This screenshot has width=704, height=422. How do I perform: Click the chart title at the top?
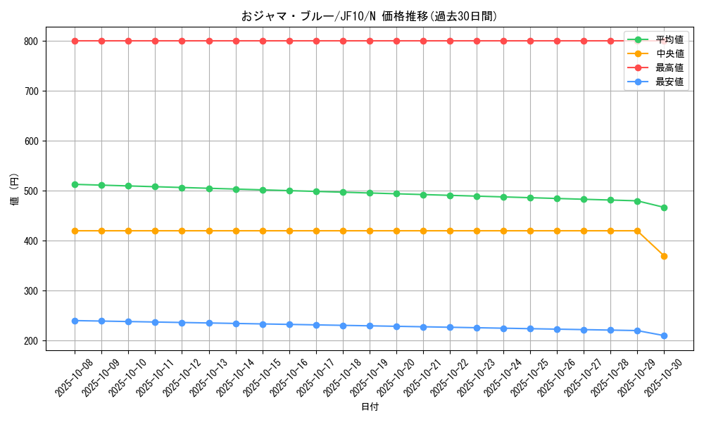[x=369, y=16]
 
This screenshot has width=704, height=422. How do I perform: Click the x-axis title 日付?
[x=370, y=407]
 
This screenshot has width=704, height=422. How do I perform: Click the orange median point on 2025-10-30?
[x=664, y=256]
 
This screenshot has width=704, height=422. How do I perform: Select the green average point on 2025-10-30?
[x=664, y=207]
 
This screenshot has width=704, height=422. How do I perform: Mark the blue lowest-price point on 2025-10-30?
[x=664, y=335]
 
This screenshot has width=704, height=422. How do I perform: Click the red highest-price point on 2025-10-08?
[x=75, y=41]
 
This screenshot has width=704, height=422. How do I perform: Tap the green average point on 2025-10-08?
[x=75, y=184]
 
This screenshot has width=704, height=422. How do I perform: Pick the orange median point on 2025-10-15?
[x=263, y=231]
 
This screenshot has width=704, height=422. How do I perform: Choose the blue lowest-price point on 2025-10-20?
[x=396, y=326]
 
